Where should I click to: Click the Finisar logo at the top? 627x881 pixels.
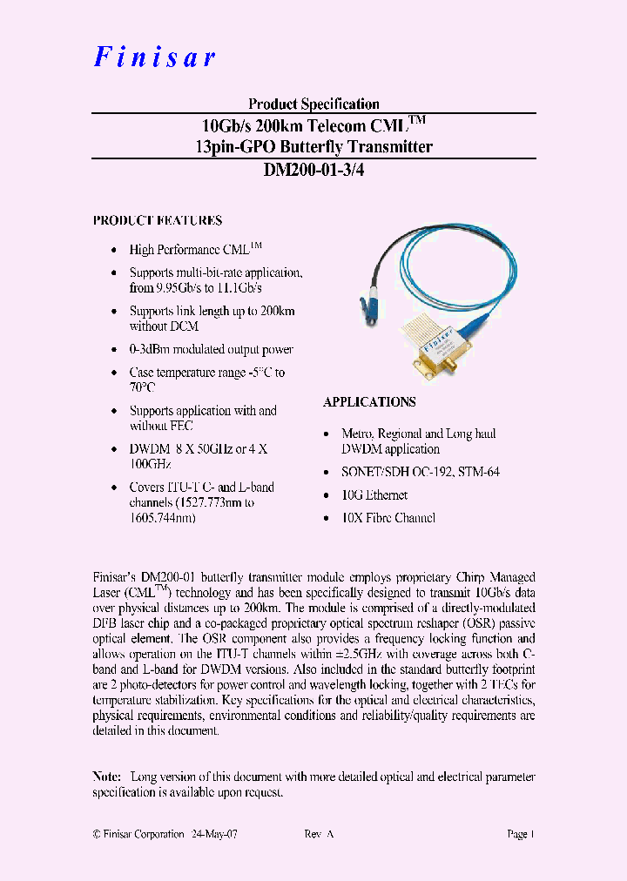[x=154, y=57]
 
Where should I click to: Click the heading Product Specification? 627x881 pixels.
[x=313, y=104]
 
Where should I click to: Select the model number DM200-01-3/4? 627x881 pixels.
[x=313, y=171]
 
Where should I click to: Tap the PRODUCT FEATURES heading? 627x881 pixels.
[x=158, y=221]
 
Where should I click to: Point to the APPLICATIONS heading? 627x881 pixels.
[x=369, y=402]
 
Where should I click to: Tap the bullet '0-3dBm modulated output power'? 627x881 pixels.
[x=212, y=350]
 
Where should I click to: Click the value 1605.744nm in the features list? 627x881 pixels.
[x=162, y=518]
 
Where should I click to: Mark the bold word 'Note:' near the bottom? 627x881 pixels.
[x=108, y=777]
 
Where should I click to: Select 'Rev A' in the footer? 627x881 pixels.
[x=319, y=834]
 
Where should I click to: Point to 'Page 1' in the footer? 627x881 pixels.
[x=521, y=834]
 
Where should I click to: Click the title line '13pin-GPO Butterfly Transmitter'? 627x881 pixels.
[x=313, y=147]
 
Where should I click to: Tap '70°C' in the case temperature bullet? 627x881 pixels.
[x=143, y=387]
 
